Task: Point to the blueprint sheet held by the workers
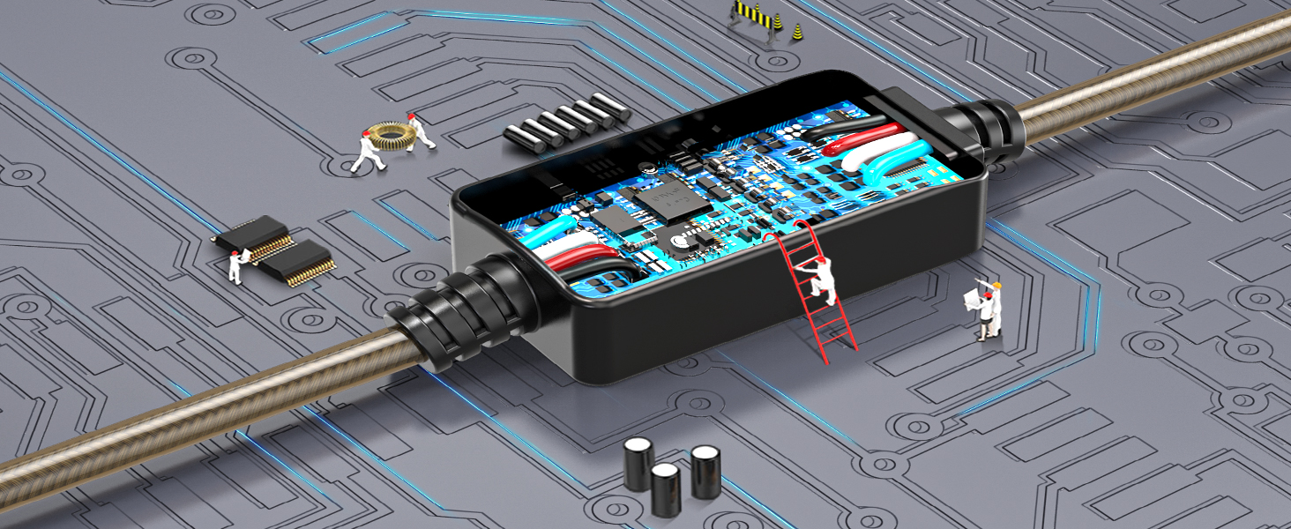[974, 298]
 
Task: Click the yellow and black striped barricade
[753, 16]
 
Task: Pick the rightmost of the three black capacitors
[705, 472]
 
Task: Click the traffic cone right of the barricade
[798, 33]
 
